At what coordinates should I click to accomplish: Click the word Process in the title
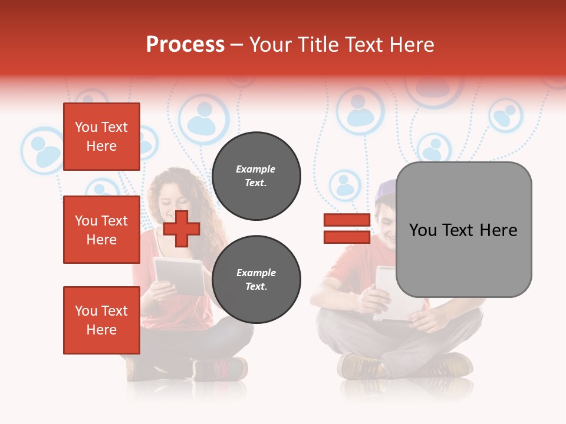[185, 45]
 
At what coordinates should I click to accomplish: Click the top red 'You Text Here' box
[101, 137]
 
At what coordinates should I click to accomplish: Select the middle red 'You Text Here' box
[101, 230]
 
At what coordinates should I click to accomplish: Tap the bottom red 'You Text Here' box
[101, 320]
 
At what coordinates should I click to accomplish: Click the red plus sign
[181, 228]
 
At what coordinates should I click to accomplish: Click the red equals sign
[347, 228]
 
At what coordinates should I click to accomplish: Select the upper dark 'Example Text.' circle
[256, 176]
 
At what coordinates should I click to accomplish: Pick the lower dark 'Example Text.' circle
[256, 280]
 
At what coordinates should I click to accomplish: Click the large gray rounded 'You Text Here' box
[463, 230]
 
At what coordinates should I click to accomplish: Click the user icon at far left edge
[42, 151]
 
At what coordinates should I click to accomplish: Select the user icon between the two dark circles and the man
[345, 185]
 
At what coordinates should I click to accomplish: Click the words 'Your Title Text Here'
[341, 45]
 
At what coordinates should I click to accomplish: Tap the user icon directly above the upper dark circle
[203, 118]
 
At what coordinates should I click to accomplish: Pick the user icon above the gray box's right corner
[505, 115]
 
